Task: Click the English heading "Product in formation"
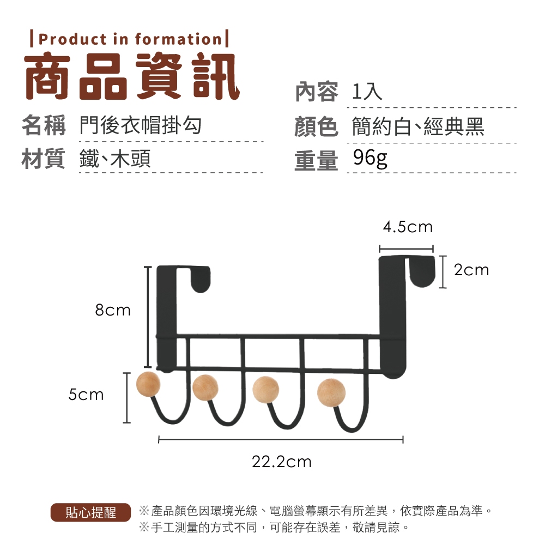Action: [x=130, y=39]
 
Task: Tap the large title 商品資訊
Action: [x=132, y=76]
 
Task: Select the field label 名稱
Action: [x=44, y=125]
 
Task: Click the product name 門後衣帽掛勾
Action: [x=141, y=125]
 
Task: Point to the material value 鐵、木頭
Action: [x=115, y=159]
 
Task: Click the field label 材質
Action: [x=44, y=159]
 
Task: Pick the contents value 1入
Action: [x=367, y=92]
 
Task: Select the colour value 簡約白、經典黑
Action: [x=418, y=126]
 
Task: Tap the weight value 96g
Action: [x=370, y=159]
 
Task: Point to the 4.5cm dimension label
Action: [x=408, y=227]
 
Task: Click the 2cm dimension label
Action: [x=471, y=270]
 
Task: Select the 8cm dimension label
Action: [x=113, y=310]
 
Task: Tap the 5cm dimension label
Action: [x=86, y=395]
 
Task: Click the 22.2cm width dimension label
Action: [x=282, y=462]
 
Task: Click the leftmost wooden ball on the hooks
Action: [x=148, y=384]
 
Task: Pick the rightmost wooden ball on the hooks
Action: [x=331, y=393]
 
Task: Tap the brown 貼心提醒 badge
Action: [x=90, y=512]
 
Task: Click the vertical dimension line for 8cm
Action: [x=148, y=317]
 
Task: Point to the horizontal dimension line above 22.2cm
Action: [x=281, y=440]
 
